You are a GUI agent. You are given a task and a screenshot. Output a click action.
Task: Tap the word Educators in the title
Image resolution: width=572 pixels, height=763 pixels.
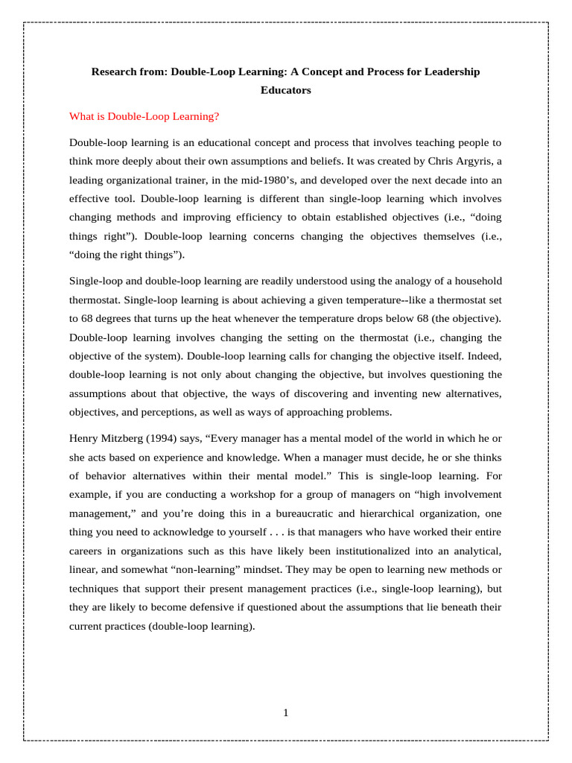click(285, 90)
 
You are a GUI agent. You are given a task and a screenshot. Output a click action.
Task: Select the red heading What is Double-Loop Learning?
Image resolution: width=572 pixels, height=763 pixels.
click(144, 116)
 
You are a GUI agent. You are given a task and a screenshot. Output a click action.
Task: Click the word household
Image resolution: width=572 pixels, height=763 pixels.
click(475, 281)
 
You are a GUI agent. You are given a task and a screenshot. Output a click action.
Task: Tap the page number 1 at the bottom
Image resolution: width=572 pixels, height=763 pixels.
click(286, 713)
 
